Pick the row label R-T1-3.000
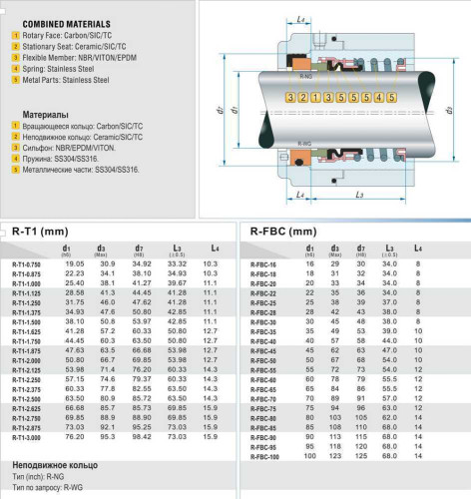pyautogui.click(x=28, y=436)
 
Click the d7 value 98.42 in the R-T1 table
pyautogui.click(x=141, y=436)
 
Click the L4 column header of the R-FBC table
pyautogui.click(x=417, y=247)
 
